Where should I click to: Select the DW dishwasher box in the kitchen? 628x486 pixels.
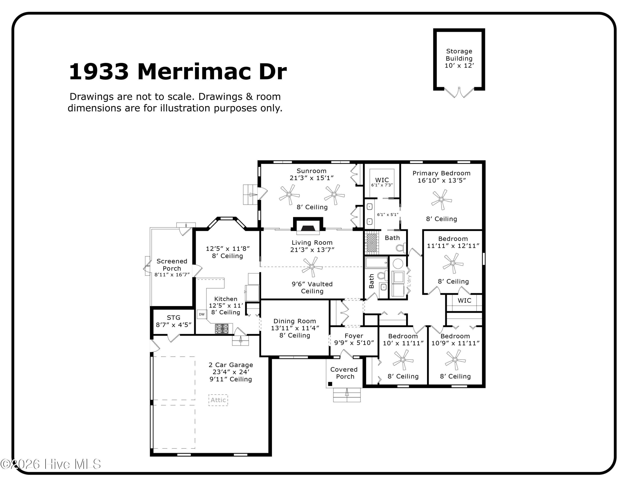pos(202,314)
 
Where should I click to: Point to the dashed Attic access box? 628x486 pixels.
pos(218,400)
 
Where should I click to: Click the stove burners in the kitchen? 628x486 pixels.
pos(222,329)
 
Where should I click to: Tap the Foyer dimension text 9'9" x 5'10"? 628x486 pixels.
pos(354,343)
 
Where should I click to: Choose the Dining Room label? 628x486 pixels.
pos(295,321)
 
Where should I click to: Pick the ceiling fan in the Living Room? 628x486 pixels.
pos(312,267)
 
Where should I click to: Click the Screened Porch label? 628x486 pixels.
pos(172,265)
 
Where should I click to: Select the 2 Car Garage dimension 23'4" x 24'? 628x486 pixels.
pos(231,372)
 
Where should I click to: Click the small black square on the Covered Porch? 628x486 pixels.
pos(330,384)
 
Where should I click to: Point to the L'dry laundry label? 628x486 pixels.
pos(409,281)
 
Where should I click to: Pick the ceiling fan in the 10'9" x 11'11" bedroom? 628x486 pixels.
pos(455,360)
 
